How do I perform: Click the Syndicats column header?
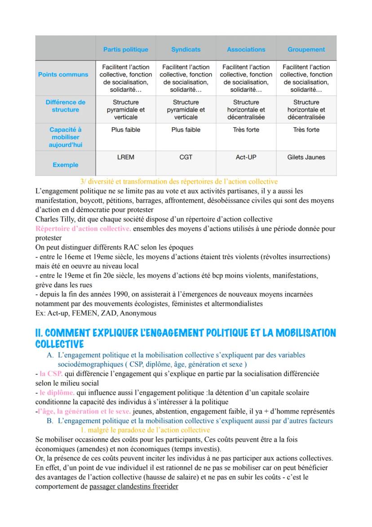click(186, 50)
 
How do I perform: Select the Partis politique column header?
click(125, 50)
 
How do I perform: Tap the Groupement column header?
click(306, 50)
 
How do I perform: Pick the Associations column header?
click(246, 50)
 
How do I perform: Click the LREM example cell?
click(125, 157)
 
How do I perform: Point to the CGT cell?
click(186, 157)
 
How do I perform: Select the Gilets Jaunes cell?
click(306, 157)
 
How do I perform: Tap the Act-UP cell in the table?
click(246, 157)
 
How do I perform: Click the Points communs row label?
click(63, 75)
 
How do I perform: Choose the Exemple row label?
click(65, 165)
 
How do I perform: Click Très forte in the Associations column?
click(246, 130)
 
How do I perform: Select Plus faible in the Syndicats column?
click(186, 130)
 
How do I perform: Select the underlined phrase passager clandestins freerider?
click(133, 487)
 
